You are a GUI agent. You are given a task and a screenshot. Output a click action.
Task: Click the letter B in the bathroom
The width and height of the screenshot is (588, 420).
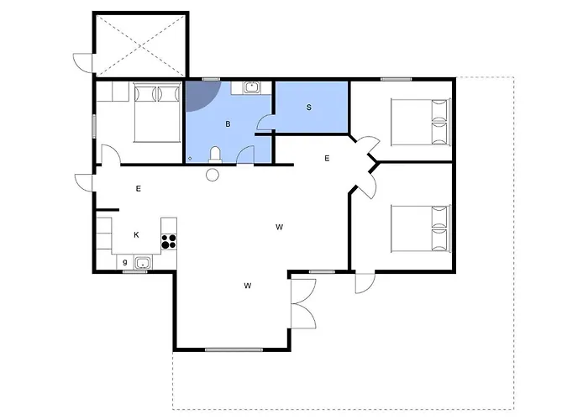point(228,124)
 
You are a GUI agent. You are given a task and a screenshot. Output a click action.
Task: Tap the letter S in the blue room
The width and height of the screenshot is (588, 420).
point(308,108)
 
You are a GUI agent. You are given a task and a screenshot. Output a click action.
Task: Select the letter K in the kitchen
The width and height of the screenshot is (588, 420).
point(136,235)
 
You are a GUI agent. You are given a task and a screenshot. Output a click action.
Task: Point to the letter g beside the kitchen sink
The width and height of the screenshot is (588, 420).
point(125,262)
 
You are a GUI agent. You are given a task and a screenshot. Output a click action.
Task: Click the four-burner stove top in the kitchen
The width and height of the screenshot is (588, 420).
point(169,241)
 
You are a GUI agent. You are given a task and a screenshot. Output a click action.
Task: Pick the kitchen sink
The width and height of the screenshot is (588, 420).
point(143,263)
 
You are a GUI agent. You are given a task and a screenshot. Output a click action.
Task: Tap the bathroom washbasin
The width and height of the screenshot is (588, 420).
point(251,87)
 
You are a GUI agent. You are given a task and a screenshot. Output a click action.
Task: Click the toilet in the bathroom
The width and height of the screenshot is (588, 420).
point(215,155)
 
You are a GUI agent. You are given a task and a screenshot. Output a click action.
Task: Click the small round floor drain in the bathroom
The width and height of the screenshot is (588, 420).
point(190,159)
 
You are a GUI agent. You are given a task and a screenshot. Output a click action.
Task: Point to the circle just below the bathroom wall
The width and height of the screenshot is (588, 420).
point(213,175)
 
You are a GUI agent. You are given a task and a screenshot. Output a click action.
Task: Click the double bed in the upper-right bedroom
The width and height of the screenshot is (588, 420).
point(420,122)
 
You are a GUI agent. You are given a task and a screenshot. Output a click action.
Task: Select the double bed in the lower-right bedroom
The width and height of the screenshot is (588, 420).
point(420,228)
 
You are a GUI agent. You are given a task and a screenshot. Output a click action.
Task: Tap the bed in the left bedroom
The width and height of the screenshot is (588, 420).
point(157,113)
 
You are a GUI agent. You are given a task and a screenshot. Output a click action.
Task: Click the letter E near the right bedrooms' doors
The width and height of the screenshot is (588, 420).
point(327,158)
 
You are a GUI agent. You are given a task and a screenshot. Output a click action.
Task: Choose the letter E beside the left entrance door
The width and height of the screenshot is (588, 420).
point(139,189)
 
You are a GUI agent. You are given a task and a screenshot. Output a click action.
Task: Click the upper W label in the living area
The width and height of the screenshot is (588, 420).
point(279,227)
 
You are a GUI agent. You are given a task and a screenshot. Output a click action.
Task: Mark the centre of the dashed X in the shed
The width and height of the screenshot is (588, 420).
point(140,45)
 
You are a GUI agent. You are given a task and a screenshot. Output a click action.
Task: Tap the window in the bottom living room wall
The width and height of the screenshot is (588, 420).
point(234,350)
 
